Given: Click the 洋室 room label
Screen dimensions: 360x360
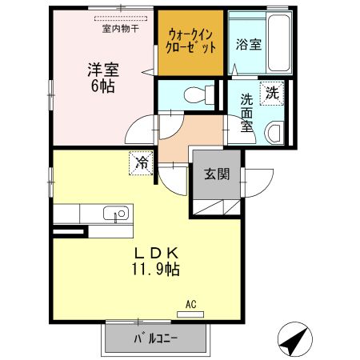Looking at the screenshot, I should (x=101, y=70).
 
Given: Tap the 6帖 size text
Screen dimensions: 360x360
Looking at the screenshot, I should (x=101, y=86).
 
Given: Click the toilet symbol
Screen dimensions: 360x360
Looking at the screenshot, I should (x=194, y=94).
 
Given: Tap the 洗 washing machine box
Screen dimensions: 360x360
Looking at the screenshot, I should (x=273, y=93).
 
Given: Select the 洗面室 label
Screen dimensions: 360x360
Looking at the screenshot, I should (x=247, y=114).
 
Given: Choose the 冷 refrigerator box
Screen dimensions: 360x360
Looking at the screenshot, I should (x=141, y=163).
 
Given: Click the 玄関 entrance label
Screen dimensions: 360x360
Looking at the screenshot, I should (x=212, y=174).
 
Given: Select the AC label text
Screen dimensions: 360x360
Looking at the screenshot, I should (x=190, y=304).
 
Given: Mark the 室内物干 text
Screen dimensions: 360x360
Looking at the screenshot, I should (x=120, y=29).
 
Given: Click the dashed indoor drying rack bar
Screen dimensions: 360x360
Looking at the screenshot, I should (x=121, y=18).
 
